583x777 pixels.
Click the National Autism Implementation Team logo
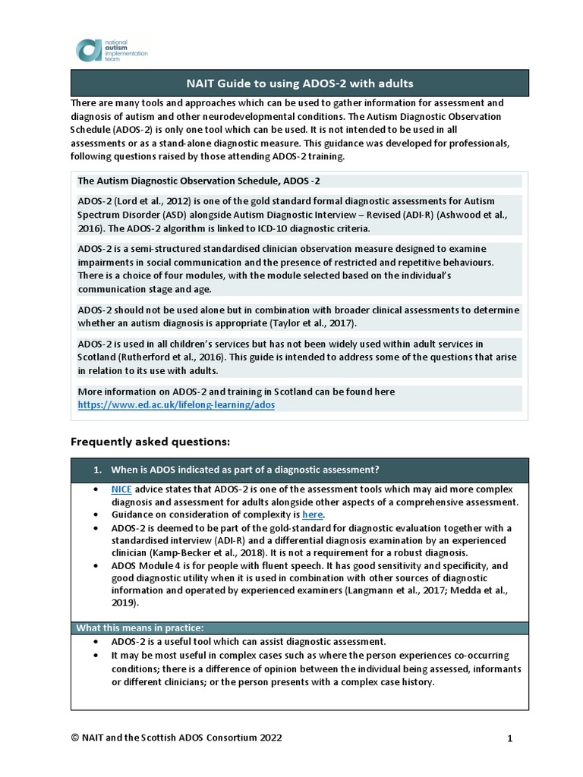coord(112,50)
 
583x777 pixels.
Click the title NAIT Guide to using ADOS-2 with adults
coord(300,83)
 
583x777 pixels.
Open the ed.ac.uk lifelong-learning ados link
coord(176,405)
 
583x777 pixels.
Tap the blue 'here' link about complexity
coord(313,514)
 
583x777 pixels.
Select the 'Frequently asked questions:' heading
coord(150,441)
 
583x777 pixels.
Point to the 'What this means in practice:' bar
coord(140,628)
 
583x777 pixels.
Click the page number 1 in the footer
coord(510,738)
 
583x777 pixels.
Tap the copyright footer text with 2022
coord(179,738)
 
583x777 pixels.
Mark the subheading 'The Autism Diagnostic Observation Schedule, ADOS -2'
coord(204,181)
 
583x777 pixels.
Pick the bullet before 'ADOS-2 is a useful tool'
coord(94,641)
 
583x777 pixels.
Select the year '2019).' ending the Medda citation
coord(124,603)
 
